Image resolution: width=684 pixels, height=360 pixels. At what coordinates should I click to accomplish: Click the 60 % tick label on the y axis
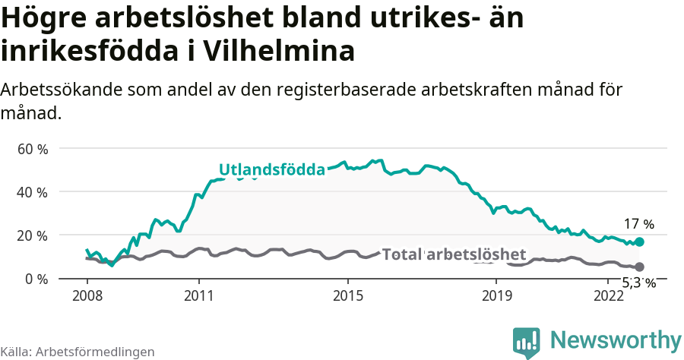click(x=32, y=149)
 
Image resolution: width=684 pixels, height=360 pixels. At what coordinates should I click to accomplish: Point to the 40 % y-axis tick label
click(x=32, y=192)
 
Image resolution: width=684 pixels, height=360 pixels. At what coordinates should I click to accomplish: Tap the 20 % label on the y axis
click(x=32, y=235)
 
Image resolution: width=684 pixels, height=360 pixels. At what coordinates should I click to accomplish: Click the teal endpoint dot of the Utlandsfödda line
click(x=639, y=242)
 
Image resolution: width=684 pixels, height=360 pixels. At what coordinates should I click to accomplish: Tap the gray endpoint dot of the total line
click(x=639, y=267)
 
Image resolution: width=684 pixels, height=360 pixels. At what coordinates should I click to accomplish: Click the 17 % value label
click(x=638, y=224)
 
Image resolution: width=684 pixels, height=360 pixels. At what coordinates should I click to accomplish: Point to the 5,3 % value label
click(x=638, y=283)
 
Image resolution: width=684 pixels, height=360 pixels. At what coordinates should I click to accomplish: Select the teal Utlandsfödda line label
click(x=272, y=169)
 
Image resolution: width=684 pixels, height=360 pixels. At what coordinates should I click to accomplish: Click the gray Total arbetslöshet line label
click(x=454, y=254)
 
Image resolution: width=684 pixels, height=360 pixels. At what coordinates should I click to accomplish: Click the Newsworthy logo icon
click(x=527, y=342)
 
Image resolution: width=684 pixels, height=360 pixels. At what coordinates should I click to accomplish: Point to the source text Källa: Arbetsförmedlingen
click(x=78, y=352)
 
